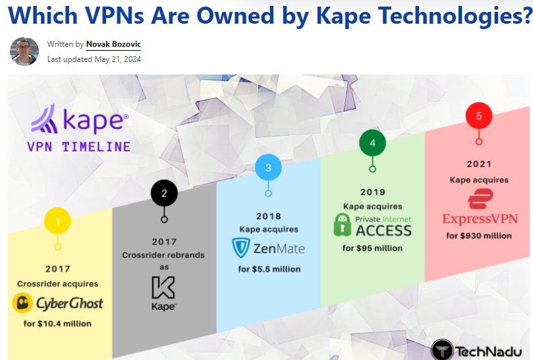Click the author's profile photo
24,51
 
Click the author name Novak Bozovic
113,45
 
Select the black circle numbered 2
164,194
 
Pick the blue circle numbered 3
268,167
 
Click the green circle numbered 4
372,142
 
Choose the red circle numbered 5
479,116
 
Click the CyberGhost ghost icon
24,304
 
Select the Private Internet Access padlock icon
343,225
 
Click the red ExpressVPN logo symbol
478,198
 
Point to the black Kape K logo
163,288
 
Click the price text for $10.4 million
57,324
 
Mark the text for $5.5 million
269,269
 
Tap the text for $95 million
372,248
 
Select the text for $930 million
479,235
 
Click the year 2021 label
479,164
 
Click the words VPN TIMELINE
78,146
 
